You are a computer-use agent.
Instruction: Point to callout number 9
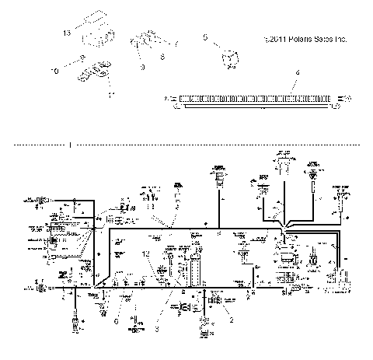click(141, 67)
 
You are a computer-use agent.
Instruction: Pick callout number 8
click(162, 56)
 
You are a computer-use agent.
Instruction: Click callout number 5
click(204, 37)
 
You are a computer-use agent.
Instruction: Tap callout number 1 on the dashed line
click(70, 144)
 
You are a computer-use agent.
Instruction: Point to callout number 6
click(117, 320)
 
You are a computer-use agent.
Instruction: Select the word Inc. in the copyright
click(336, 39)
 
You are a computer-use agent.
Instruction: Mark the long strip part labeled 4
click(256, 100)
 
